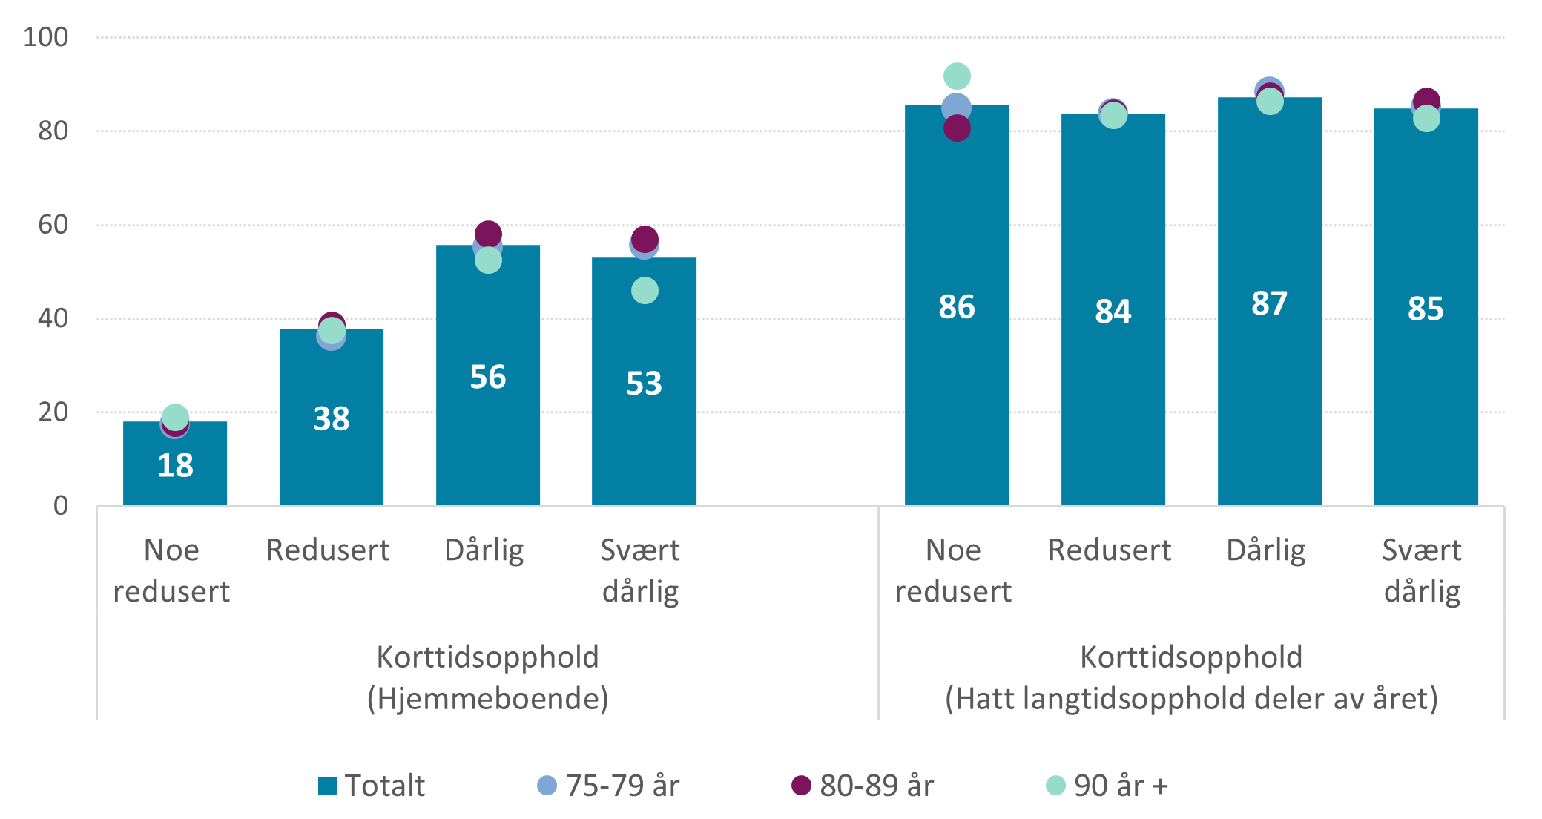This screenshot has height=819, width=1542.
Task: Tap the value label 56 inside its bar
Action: click(x=487, y=377)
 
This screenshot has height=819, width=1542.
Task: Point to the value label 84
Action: click(x=1113, y=311)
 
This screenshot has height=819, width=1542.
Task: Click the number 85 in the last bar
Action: click(x=1425, y=309)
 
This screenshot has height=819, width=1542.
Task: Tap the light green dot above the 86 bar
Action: click(x=957, y=76)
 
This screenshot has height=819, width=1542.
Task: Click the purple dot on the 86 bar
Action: click(x=957, y=128)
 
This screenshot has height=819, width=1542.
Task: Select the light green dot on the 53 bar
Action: click(x=645, y=290)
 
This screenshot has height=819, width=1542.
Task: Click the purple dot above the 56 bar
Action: click(x=488, y=233)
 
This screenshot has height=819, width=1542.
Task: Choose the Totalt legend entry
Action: click(x=372, y=786)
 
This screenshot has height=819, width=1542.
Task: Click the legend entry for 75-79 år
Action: click(x=607, y=786)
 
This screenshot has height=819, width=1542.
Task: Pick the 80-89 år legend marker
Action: click(x=801, y=786)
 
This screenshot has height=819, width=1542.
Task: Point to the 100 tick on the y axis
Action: click(x=45, y=37)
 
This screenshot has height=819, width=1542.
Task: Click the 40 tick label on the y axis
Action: click(x=53, y=318)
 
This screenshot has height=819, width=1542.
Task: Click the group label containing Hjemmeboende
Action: click(x=487, y=698)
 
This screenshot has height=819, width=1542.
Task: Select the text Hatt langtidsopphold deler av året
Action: click(x=1191, y=698)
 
